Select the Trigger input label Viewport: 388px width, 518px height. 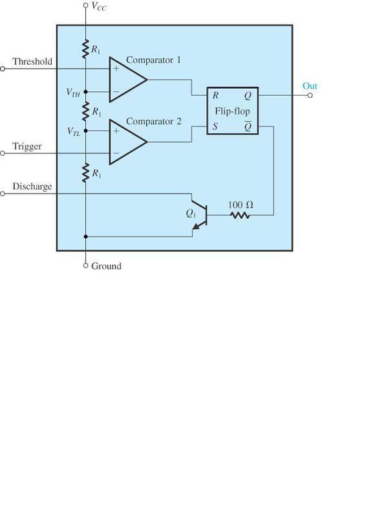pos(27,146)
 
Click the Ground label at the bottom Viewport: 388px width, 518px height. pos(106,266)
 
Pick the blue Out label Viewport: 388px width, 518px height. pos(310,86)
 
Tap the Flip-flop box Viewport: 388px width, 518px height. pos(232,111)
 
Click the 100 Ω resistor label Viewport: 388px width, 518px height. pos(241,205)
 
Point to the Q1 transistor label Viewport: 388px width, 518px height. pos(190,212)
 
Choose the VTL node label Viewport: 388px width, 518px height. pos(74,131)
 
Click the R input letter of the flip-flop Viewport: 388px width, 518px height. pos(215,95)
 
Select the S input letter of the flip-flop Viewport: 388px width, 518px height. pos(215,127)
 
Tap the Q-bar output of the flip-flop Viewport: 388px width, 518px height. pos(248,127)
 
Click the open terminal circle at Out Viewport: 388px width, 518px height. pos(310,95)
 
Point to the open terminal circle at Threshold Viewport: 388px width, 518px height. pos(3,68)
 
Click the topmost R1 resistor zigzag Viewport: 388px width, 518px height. pos(85,47)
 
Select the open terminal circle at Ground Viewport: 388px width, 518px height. pos(85,265)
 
